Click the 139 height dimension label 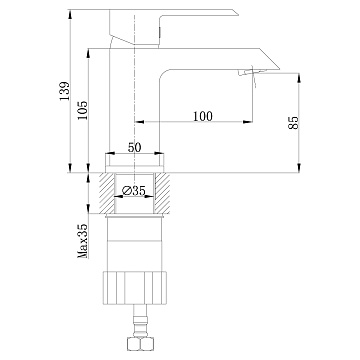click(64, 91)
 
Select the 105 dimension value click(82, 110)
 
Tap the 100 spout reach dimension click(202, 116)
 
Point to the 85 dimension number click(294, 123)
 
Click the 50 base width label click(135, 147)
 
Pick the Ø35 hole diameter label click(134, 191)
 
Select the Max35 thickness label click(83, 241)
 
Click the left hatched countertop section click(107, 193)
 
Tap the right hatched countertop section click(162, 193)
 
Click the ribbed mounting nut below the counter click(134, 288)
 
